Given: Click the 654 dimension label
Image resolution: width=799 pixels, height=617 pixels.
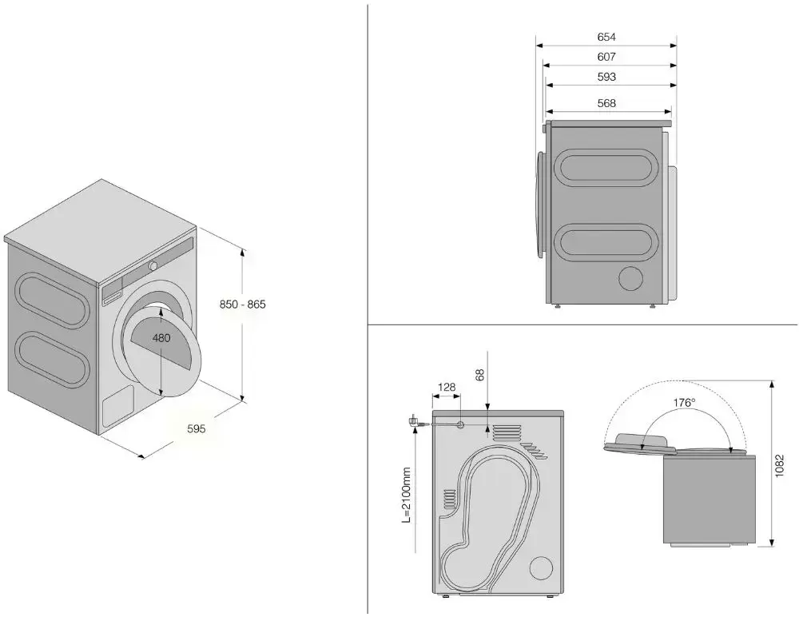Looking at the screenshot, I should click(606, 37).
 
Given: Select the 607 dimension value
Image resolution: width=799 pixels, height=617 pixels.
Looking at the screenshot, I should click(606, 57).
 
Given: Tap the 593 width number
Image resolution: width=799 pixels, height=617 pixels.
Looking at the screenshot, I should click(606, 78).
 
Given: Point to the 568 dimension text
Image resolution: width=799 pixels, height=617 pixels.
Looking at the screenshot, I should click(606, 103).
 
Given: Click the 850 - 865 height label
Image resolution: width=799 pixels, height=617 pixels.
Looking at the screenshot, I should click(242, 305).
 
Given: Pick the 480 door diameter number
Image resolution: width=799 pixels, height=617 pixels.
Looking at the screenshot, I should click(161, 338).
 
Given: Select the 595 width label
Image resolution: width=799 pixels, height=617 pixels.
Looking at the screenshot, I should click(196, 429).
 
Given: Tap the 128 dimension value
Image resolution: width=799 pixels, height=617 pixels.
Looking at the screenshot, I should click(447, 388).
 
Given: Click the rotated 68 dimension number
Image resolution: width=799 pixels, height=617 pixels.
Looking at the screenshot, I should click(480, 376).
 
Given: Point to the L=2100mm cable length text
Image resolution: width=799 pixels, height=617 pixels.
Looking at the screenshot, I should click(407, 496).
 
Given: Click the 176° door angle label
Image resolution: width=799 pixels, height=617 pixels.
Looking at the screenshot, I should click(684, 403).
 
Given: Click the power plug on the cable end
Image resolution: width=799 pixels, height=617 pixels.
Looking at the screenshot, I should click(415, 420).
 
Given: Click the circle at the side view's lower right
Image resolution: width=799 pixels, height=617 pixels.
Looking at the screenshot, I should click(632, 278).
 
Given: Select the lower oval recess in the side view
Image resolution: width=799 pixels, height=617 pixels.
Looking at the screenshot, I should click(604, 242).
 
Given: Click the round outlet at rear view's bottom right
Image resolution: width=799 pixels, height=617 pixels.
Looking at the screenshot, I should click(540, 567).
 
